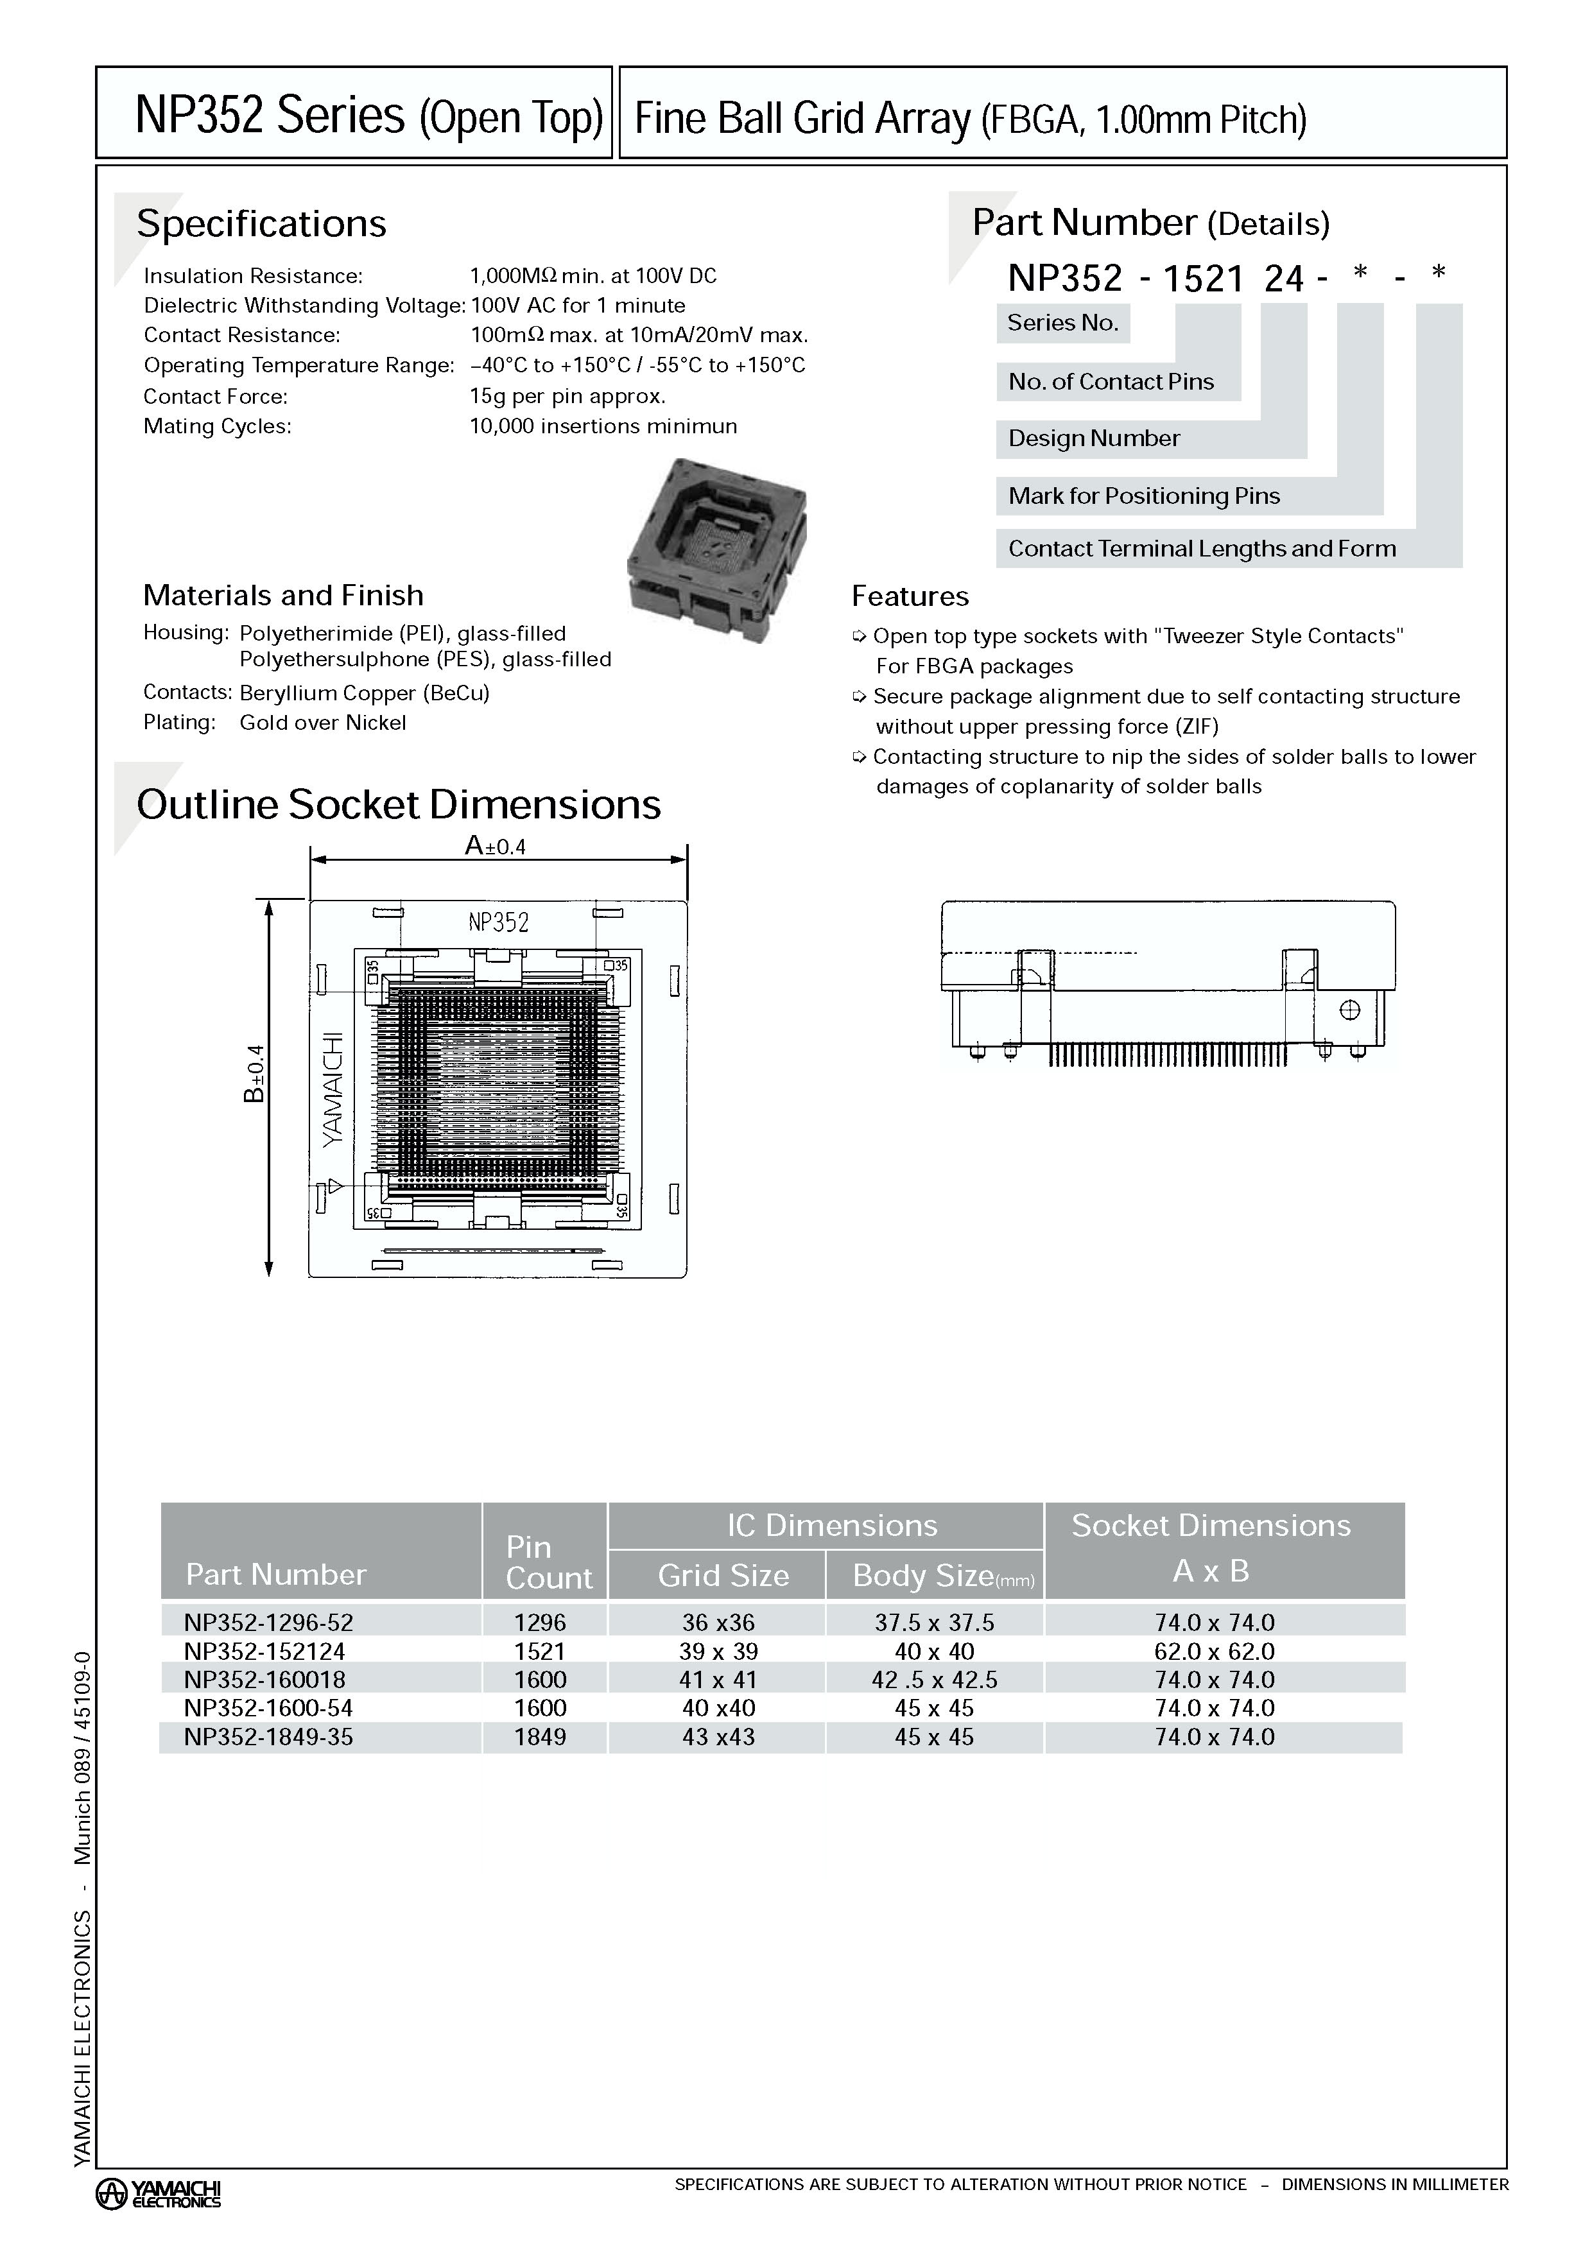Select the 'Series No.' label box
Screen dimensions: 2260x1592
click(x=1062, y=323)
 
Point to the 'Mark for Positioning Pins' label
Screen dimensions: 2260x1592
click(x=1143, y=496)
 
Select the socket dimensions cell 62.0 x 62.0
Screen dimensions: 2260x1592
click(x=1214, y=1651)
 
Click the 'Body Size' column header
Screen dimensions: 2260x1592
click(x=933, y=1575)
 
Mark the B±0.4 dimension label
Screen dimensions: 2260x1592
click(x=254, y=1073)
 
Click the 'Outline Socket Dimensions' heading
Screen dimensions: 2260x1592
click(x=399, y=804)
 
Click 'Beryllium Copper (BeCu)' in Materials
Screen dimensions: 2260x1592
click(x=364, y=693)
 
